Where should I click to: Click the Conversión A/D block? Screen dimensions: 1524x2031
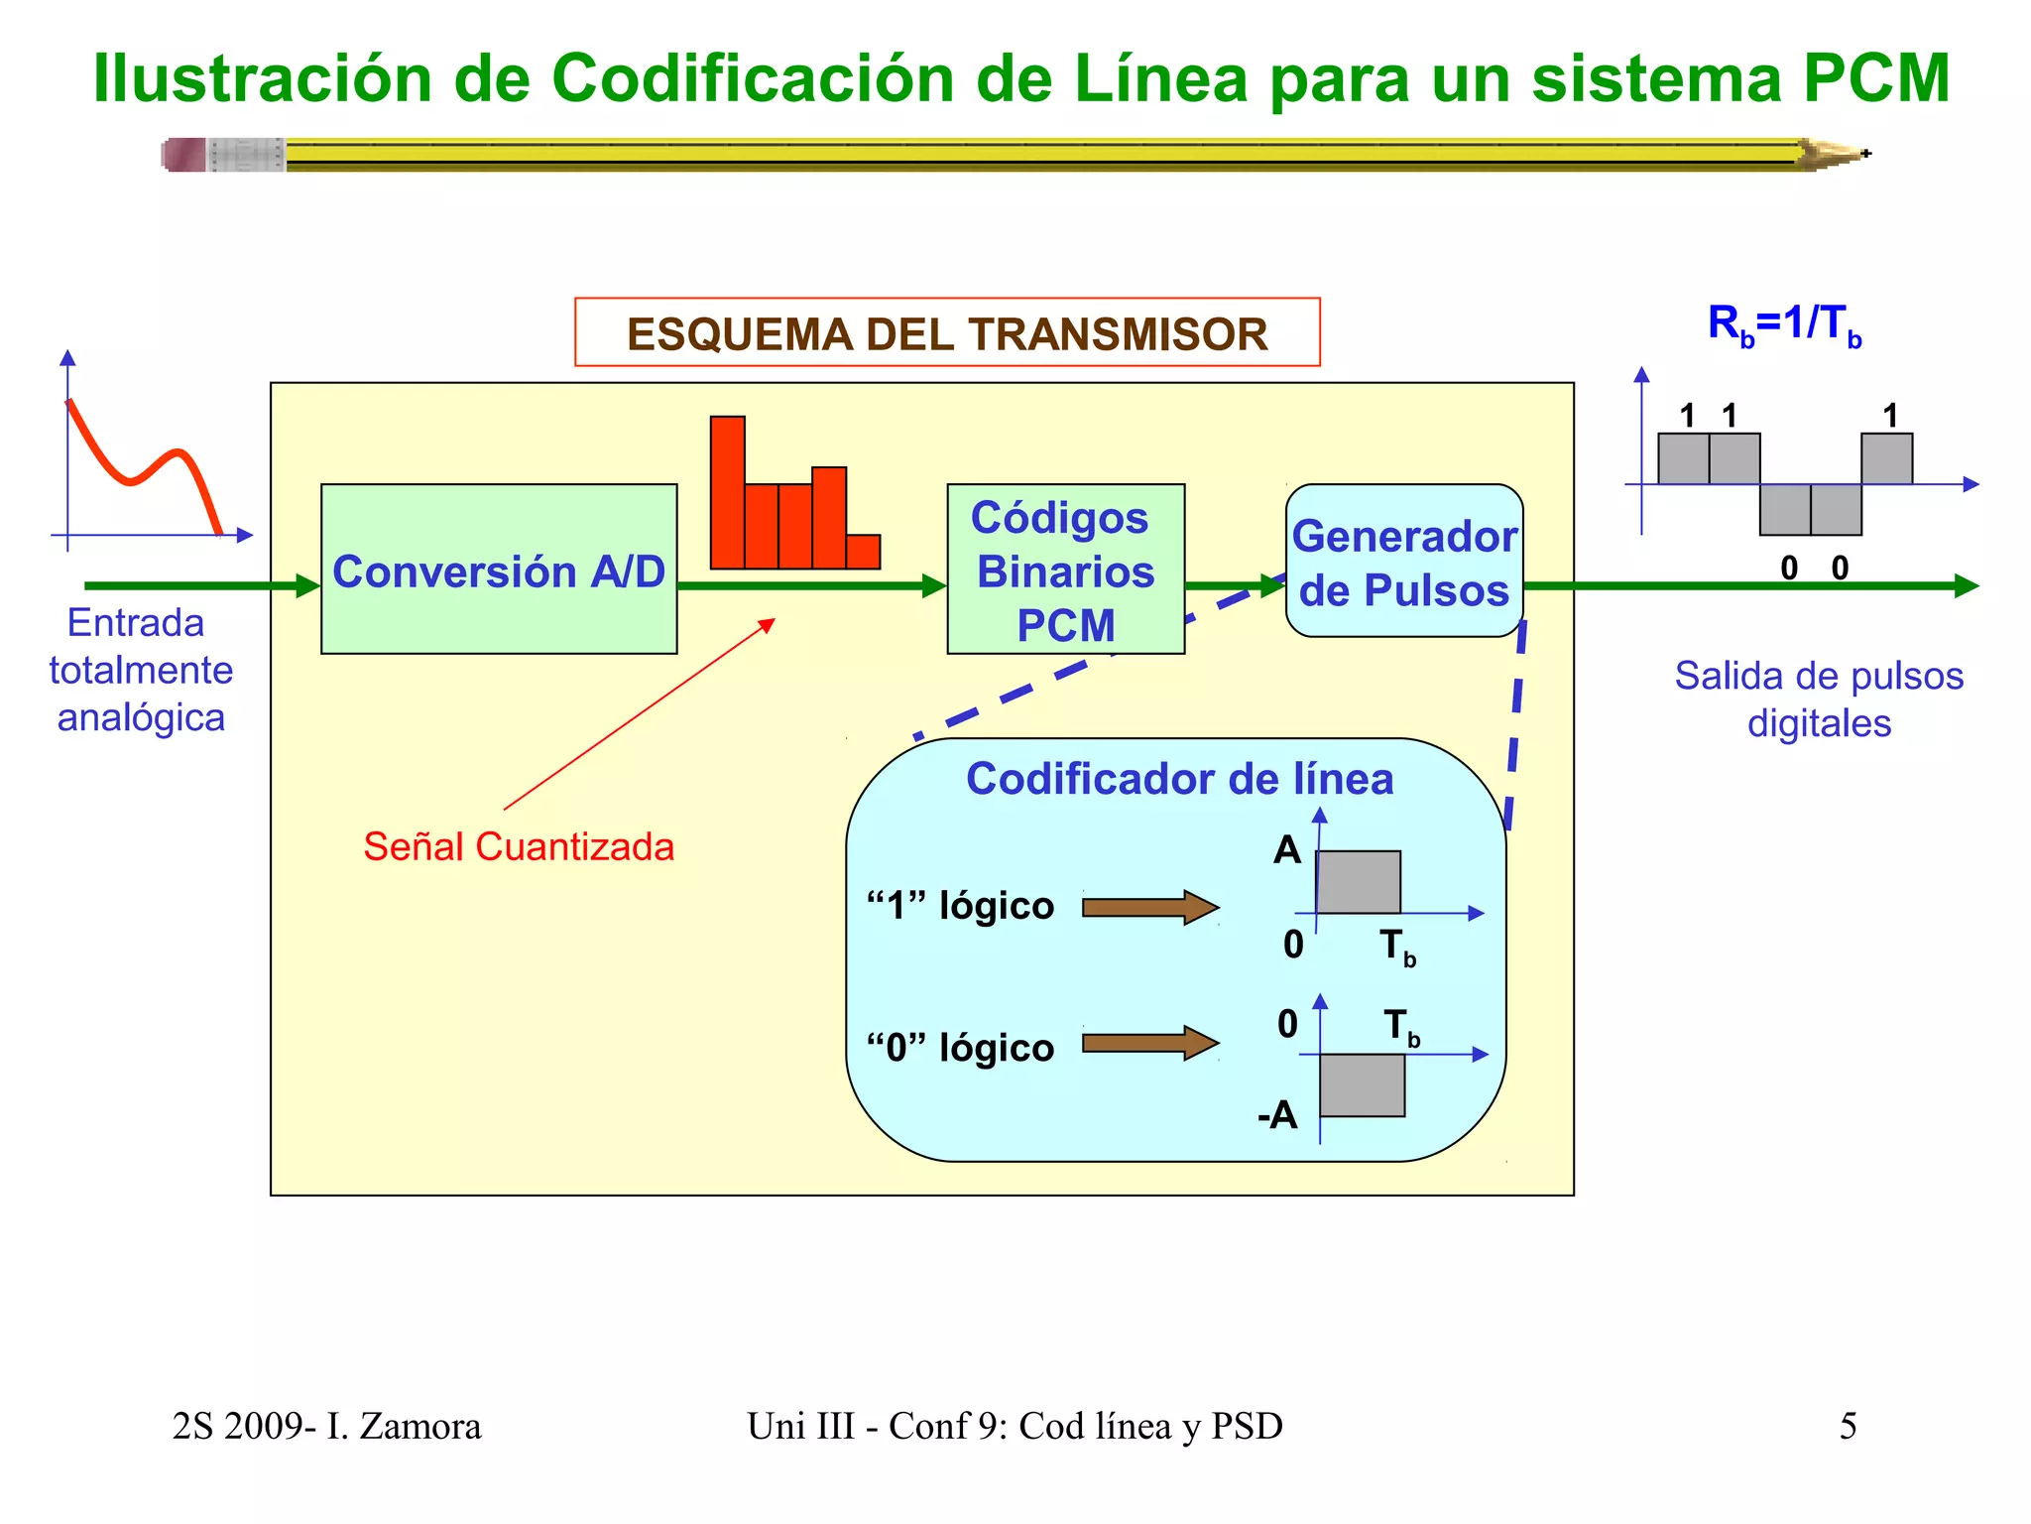pos(499,570)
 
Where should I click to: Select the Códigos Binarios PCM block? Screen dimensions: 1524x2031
pos(1066,570)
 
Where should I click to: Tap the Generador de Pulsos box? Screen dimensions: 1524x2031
pos(1404,562)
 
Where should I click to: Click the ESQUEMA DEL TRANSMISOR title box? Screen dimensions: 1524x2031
pos(947,333)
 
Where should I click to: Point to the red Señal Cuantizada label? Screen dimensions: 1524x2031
pos(519,847)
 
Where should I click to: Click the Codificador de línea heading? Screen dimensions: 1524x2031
pos(1180,779)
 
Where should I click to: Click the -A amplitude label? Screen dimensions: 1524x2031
pos(1277,1115)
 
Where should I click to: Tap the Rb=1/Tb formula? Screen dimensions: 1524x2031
pos(1784,324)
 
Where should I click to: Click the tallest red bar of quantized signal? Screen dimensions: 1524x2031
pos(728,492)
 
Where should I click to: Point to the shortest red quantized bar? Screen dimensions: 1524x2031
pos(864,552)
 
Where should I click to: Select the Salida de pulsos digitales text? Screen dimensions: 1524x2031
pos(1819,699)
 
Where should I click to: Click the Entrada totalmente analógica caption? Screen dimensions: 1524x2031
pos(140,670)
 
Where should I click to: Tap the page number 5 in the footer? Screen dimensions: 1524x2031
pos(1849,1426)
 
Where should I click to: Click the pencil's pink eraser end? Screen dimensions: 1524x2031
pos(184,155)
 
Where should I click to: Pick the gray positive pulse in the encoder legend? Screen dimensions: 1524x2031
pos(1359,882)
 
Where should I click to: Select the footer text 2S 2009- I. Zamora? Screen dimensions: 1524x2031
pos(326,1426)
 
